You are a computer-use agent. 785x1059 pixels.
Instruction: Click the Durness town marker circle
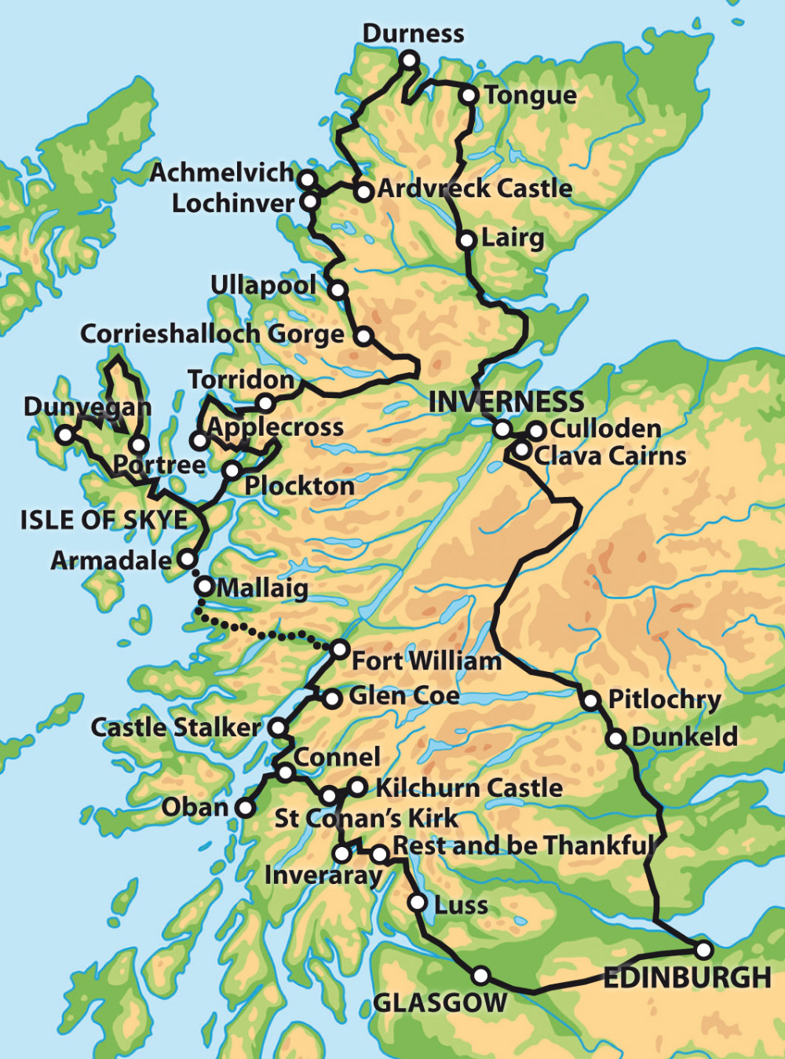[x=409, y=60]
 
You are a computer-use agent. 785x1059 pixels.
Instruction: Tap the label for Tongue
[x=530, y=95]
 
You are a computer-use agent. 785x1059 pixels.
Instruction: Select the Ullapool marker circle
[x=338, y=290]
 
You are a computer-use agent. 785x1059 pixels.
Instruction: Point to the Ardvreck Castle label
[x=475, y=188]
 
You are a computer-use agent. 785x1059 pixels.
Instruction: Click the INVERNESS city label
[x=506, y=402]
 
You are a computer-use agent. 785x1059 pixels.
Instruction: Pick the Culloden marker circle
[x=536, y=431]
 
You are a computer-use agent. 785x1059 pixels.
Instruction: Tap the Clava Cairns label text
[x=610, y=456]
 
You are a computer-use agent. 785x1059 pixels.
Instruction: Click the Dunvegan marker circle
[x=65, y=434]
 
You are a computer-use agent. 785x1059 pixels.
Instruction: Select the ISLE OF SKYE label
[x=104, y=520]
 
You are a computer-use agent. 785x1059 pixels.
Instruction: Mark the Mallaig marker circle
[x=204, y=586]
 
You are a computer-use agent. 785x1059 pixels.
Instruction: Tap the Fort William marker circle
[x=339, y=649]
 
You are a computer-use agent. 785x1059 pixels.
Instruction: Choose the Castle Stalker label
[x=175, y=728]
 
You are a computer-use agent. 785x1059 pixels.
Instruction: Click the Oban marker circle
[x=246, y=807]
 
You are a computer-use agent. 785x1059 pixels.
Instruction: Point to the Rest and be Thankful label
[x=524, y=845]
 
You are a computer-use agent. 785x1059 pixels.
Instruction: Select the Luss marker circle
[x=418, y=902]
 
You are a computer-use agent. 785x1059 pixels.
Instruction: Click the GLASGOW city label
[x=440, y=1002]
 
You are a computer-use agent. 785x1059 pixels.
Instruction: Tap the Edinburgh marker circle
[x=704, y=950]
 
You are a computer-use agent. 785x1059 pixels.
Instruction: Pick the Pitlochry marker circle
[x=590, y=700]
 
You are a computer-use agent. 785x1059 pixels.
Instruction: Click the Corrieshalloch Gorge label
[x=212, y=334]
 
